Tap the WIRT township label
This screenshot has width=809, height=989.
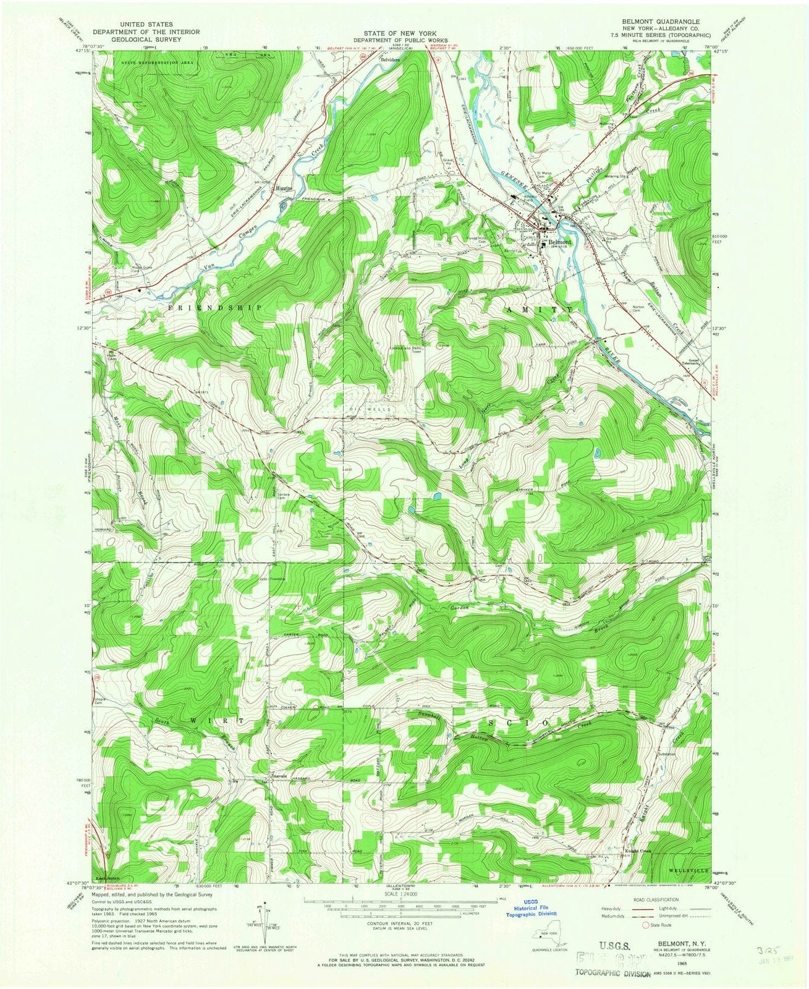205,721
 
